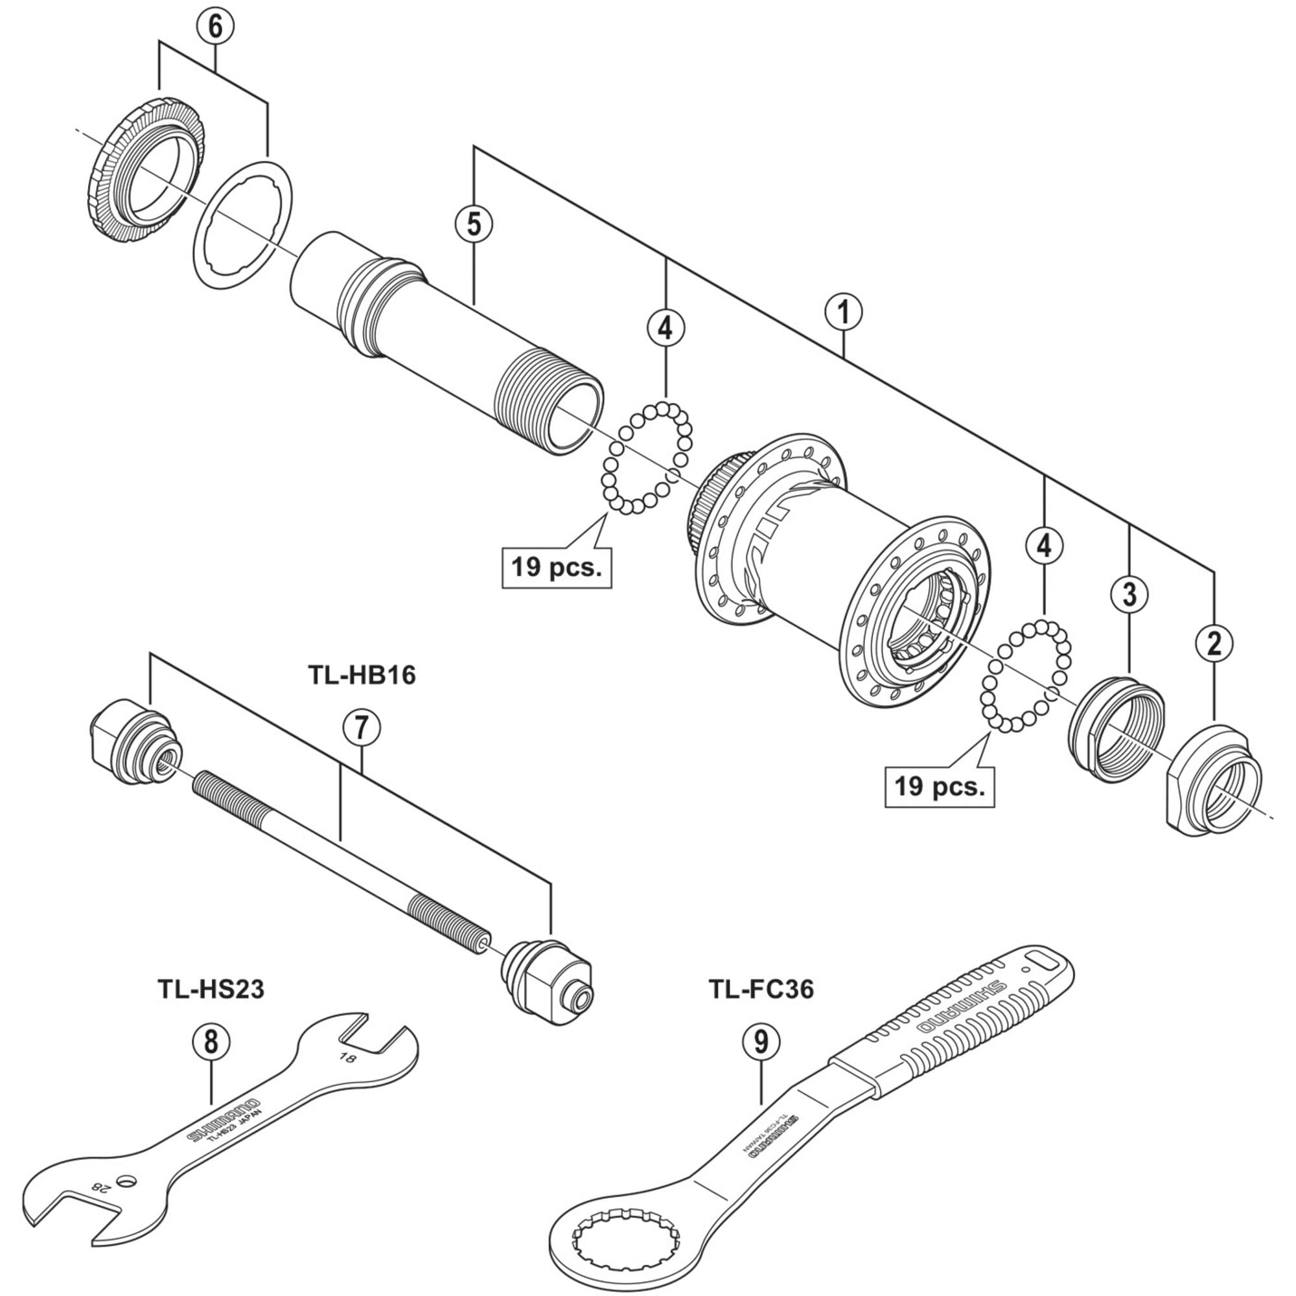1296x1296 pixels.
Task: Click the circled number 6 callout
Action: click(214, 27)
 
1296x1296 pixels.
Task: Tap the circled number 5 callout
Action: click(474, 224)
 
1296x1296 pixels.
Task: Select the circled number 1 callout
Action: click(844, 312)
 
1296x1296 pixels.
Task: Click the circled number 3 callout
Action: click(1129, 594)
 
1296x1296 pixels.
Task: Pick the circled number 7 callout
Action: click(362, 728)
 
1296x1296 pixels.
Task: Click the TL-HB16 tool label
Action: click(362, 675)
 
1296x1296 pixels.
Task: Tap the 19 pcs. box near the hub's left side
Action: click(557, 568)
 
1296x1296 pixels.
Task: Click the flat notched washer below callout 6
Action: click(244, 225)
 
